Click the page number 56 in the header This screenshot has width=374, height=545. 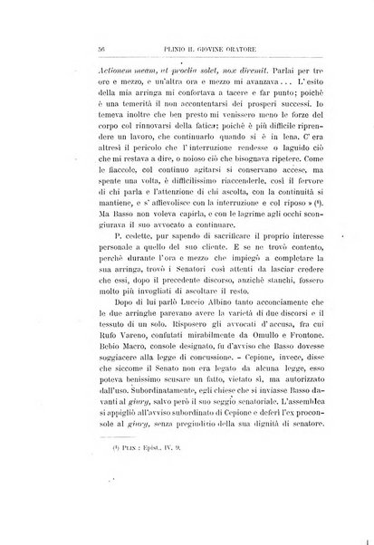point(53,50)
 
